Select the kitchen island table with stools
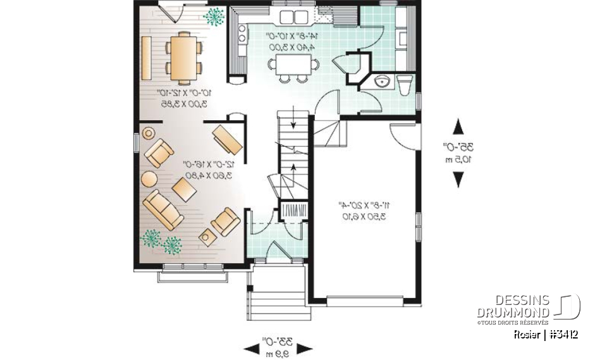pyautogui.click(x=291, y=65)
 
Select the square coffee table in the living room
pyautogui.click(x=184, y=189)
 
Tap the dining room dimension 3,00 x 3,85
pyautogui.click(x=182, y=103)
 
